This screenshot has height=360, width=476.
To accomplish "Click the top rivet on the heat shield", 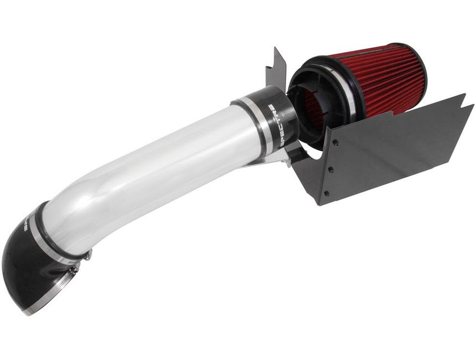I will coord(336,142).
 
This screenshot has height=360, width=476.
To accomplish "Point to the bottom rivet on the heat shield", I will coord(326,193).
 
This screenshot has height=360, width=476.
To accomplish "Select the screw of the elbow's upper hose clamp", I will coord(87,255).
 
